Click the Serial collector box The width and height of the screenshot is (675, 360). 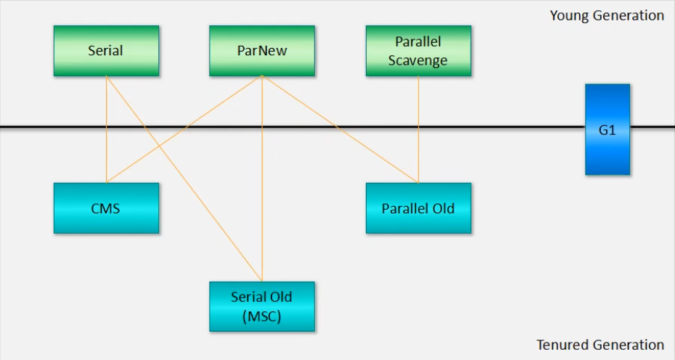pyautogui.click(x=106, y=51)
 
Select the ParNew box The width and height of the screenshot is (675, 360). pyautogui.click(x=262, y=51)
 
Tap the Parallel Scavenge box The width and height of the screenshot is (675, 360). pyautogui.click(x=419, y=51)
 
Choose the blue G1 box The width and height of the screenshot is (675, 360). pyautogui.click(x=607, y=130)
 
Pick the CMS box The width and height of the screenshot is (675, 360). pyautogui.click(x=106, y=208)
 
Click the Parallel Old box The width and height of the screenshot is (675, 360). pyautogui.click(x=419, y=208)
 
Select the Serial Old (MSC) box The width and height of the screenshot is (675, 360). pyautogui.click(x=262, y=306)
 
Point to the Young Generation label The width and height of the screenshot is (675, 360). pyautogui.click(x=607, y=15)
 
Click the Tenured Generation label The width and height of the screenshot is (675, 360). pyautogui.click(x=600, y=345)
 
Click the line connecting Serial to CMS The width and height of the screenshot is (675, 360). pyautogui.click(x=106, y=130)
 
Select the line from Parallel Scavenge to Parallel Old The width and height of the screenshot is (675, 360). pyautogui.click(x=419, y=130)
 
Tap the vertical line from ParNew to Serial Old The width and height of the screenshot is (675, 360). pyautogui.click(x=262, y=179)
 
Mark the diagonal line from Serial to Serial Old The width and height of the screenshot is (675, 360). pyautogui.click(x=184, y=179)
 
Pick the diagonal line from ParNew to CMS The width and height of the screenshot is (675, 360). pyautogui.click(x=184, y=130)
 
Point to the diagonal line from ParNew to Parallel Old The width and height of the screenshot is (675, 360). pyautogui.click(x=340, y=130)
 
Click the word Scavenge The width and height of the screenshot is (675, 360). pyautogui.click(x=417, y=61)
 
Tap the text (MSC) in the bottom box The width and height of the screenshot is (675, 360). pyautogui.click(x=262, y=316)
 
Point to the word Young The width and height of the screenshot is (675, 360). pyautogui.click(x=568, y=16)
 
